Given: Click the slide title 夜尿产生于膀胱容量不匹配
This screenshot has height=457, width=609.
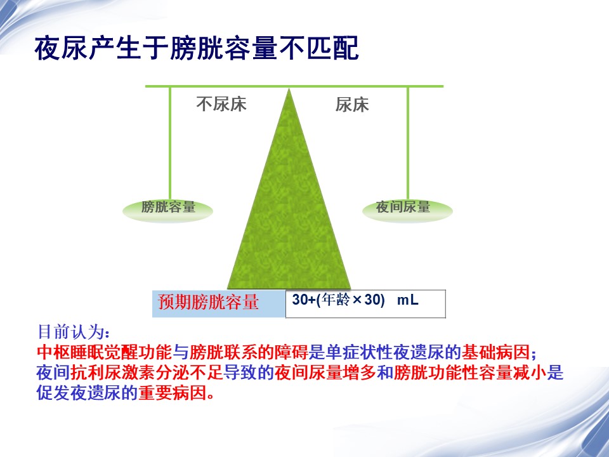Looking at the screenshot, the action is pyautogui.click(x=197, y=49).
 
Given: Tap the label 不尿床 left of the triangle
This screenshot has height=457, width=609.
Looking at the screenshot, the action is pyautogui.click(x=221, y=104).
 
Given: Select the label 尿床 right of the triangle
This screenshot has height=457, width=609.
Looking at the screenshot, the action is pyautogui.click(x=352, y=105).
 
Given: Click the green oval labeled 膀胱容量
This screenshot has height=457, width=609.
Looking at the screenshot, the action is pyautogui.click(x=167, y=211).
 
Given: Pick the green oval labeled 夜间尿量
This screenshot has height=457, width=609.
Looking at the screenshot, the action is pyautogui.click(x=407, y=211).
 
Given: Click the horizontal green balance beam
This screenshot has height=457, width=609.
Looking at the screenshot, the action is pyautogui.click(x=294, y=86).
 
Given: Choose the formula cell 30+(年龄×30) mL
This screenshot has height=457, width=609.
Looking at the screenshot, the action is pyautogui.click(x=365, y=304).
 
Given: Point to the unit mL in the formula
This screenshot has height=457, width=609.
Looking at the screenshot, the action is pyautogui.click(x=407, y=300).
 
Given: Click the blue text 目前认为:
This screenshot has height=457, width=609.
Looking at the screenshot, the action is pyautogui.click(x=74, y=332).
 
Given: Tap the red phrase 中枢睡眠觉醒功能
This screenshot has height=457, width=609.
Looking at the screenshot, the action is pyautogui.click(x=105, y=352).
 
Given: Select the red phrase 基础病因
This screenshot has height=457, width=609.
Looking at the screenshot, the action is pyautogui.click(x=495, y=352).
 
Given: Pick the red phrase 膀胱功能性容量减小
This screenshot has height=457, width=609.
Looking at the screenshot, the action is pyautogui.click(x=470, y=373).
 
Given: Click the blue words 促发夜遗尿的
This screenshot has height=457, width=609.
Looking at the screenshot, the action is pyautogui.click(x=88, y=393).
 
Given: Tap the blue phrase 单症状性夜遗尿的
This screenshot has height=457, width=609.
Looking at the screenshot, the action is pyautogui.click(x=393, y=352).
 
